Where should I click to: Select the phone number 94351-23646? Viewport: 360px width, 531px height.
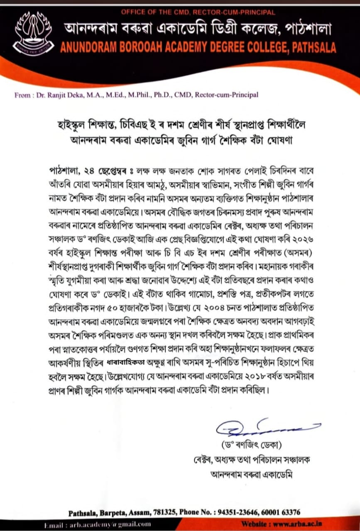242,512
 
